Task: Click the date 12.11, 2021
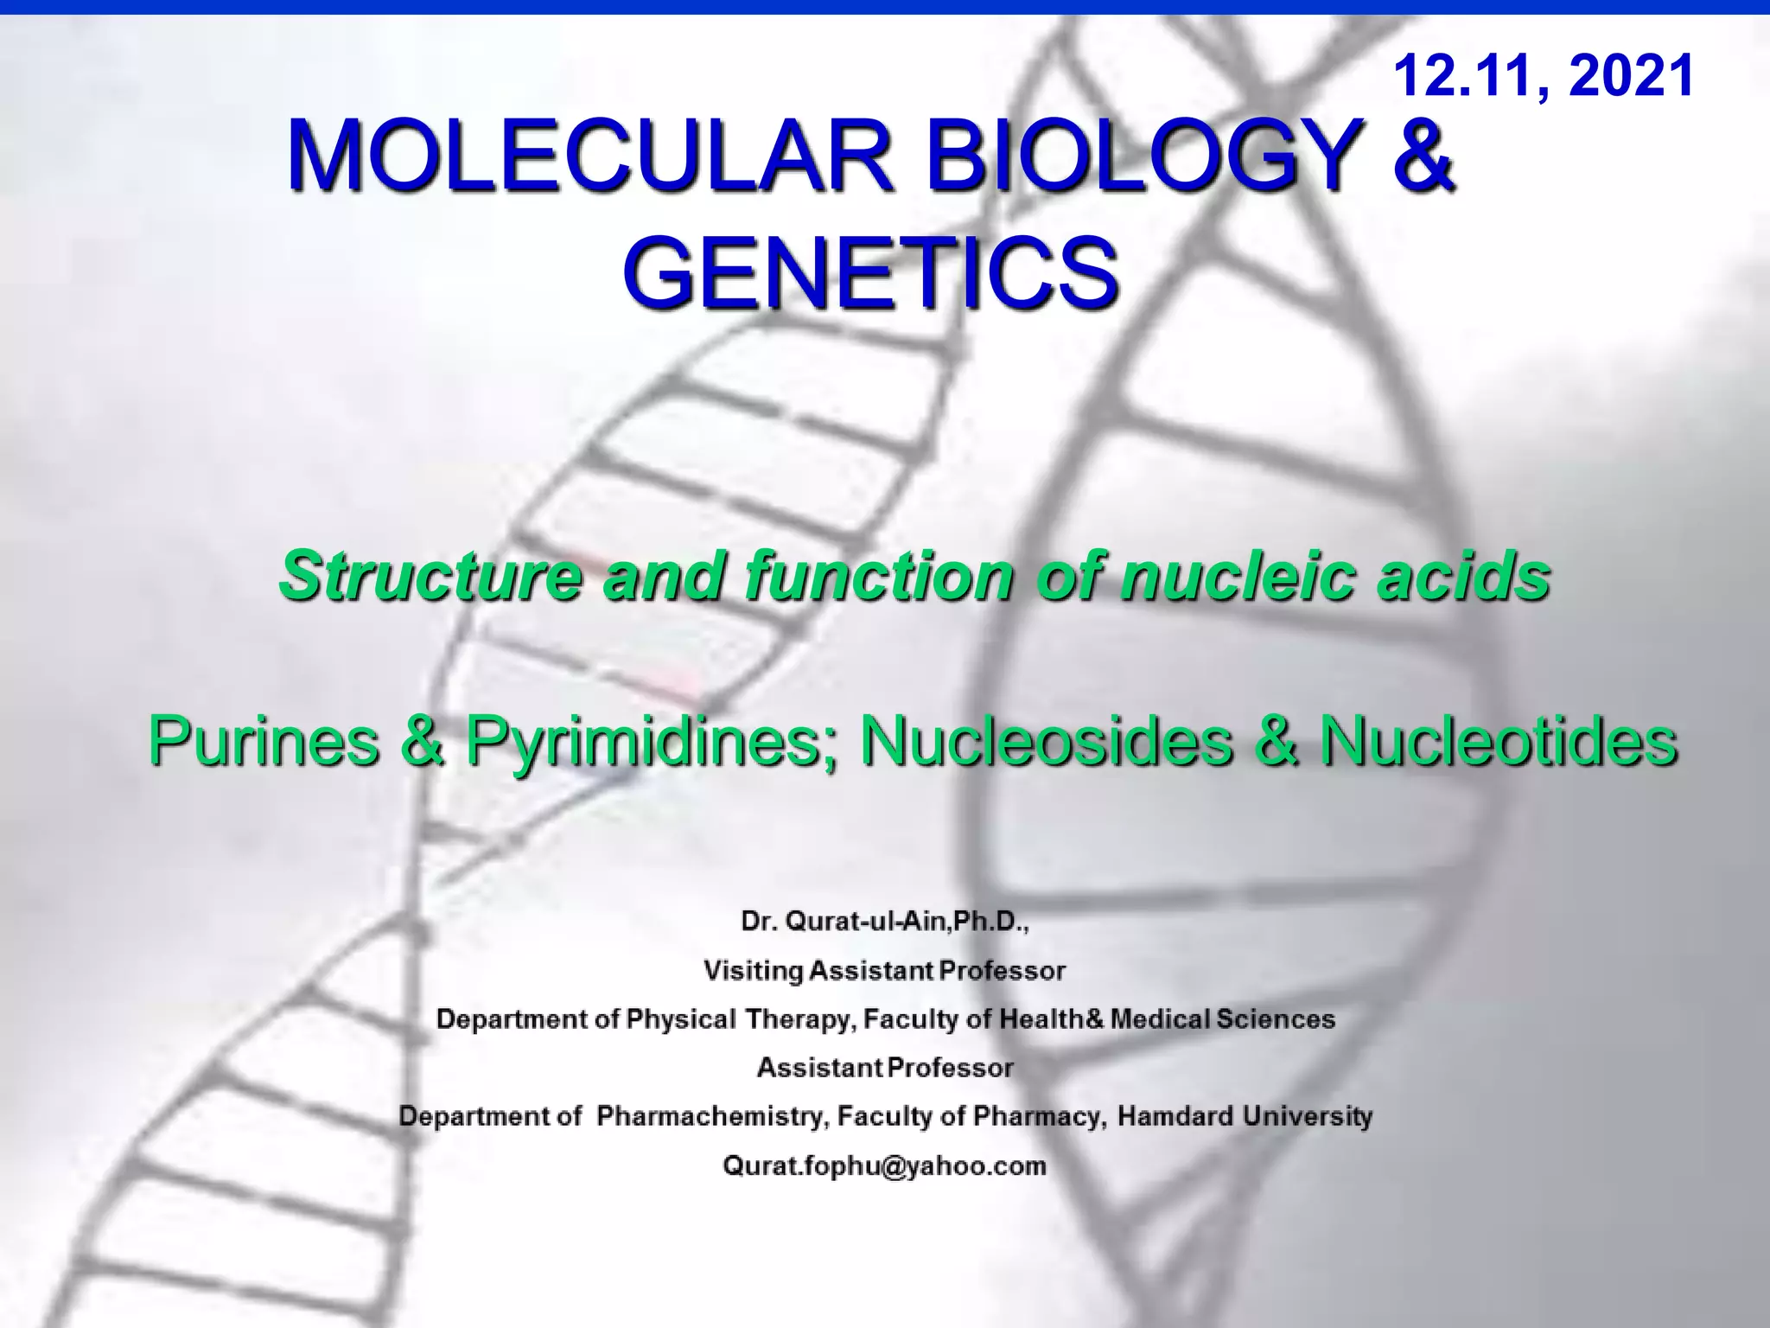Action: [x=1544, y=76]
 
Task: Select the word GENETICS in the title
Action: [x=871, y=273]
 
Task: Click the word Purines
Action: [x=264, y=741]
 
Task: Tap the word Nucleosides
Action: [x=1047, y=741]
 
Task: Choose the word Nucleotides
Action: [x=1499, y=741]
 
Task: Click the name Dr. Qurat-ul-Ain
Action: [x=844, y=922]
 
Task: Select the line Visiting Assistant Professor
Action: [x=884, y=971]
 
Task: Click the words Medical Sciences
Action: [x=1223, y=1019]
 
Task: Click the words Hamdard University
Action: [x=1245, y=1116]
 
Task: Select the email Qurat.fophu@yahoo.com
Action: [x=884, y=1165]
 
